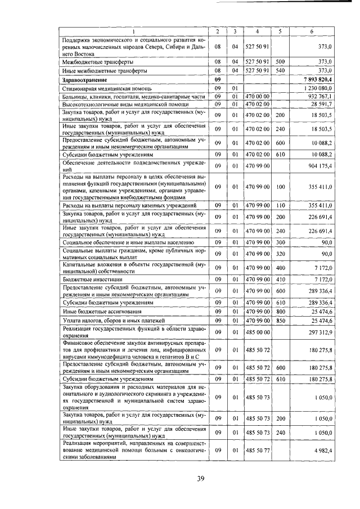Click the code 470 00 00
256,96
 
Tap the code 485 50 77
256,451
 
